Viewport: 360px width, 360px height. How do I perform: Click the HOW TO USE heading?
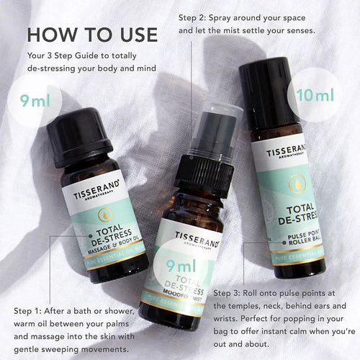pyautogui.click(x=92, y=34)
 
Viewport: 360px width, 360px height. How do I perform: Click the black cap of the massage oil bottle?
pyautogui.click(x=79, y=136)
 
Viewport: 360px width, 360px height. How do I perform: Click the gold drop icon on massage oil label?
pyautogui.click(x=104, y=214)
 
